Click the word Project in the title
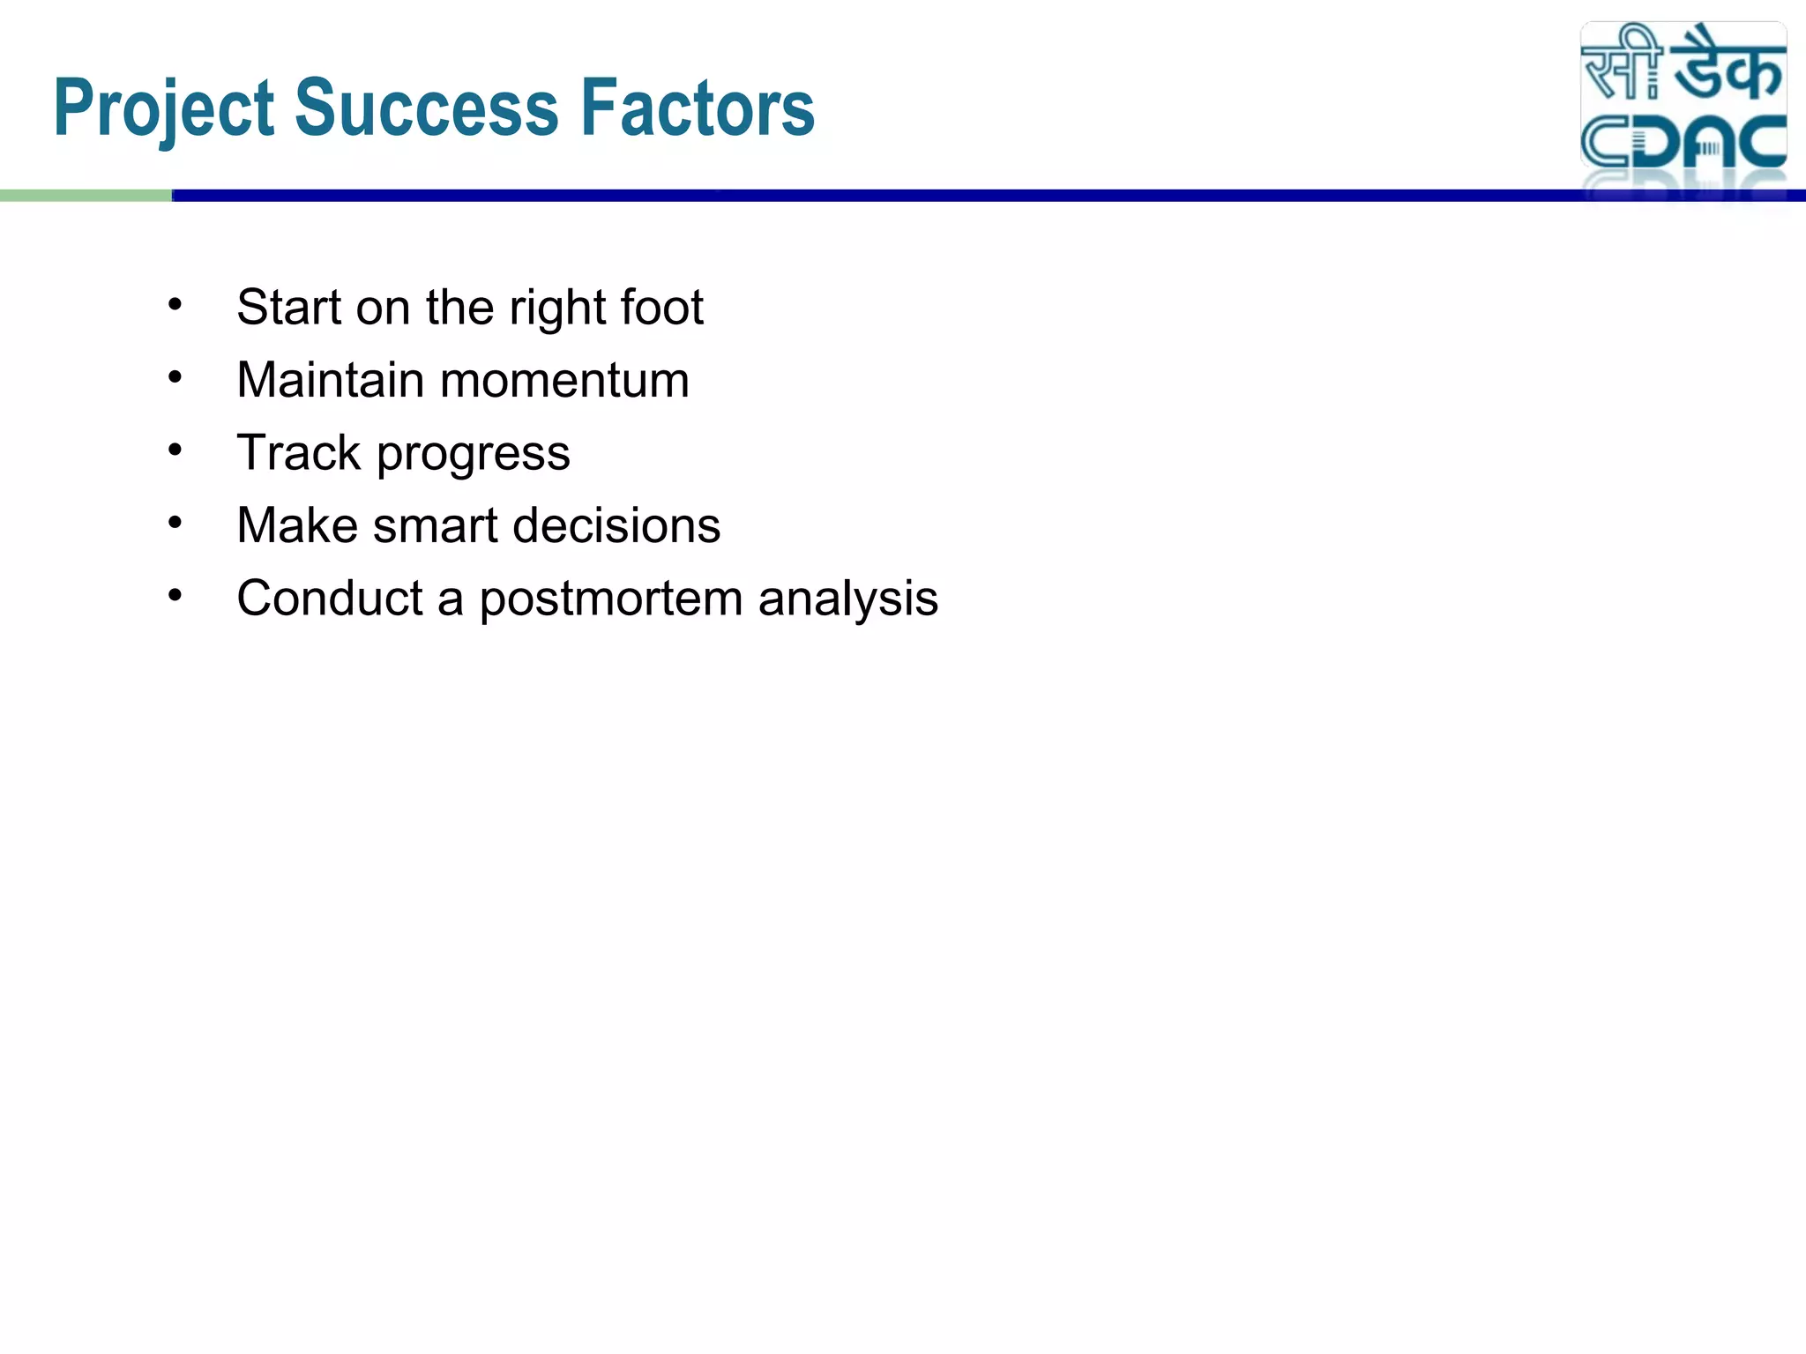pyautogui.click(x=164, y=109)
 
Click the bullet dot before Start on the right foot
pyautogui.click(x=175, y=305)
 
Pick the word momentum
pyautogui.click(x=564, y=382)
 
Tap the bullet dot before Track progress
pyautogui.click(x=175, y=450)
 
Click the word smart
pyautogui.click(x=436, y=525)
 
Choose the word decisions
pyautogui.click(x=616, y=525)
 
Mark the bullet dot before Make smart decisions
pyautogui.click(x=175, y=524)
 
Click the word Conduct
pyautogui.click(x=330, y=598)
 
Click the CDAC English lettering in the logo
pyautogui.click(x=1683, y=143)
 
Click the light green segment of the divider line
pyautogui.click(x=86, y=196)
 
